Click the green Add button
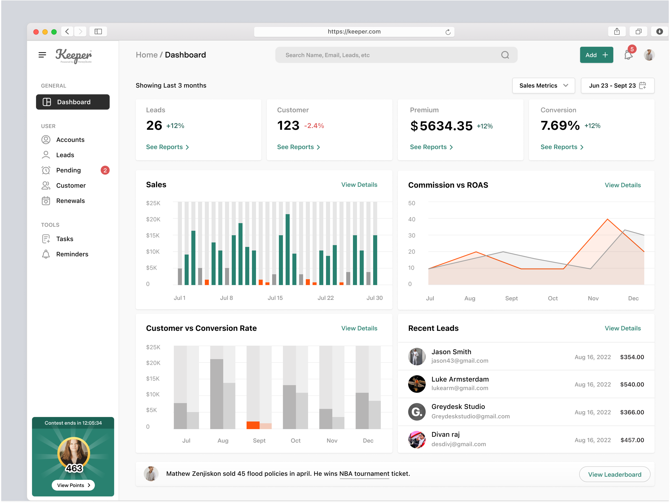click(596, 55)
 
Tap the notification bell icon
click(628, 55)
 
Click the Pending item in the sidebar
click(68, 170)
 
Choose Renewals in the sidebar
click(70, 201)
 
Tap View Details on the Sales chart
click(359, 185)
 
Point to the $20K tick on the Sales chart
click(153, 219)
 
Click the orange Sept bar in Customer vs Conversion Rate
click(253, 425)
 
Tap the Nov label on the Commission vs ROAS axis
click(593, 298)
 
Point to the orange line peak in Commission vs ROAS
click(607, 219)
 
